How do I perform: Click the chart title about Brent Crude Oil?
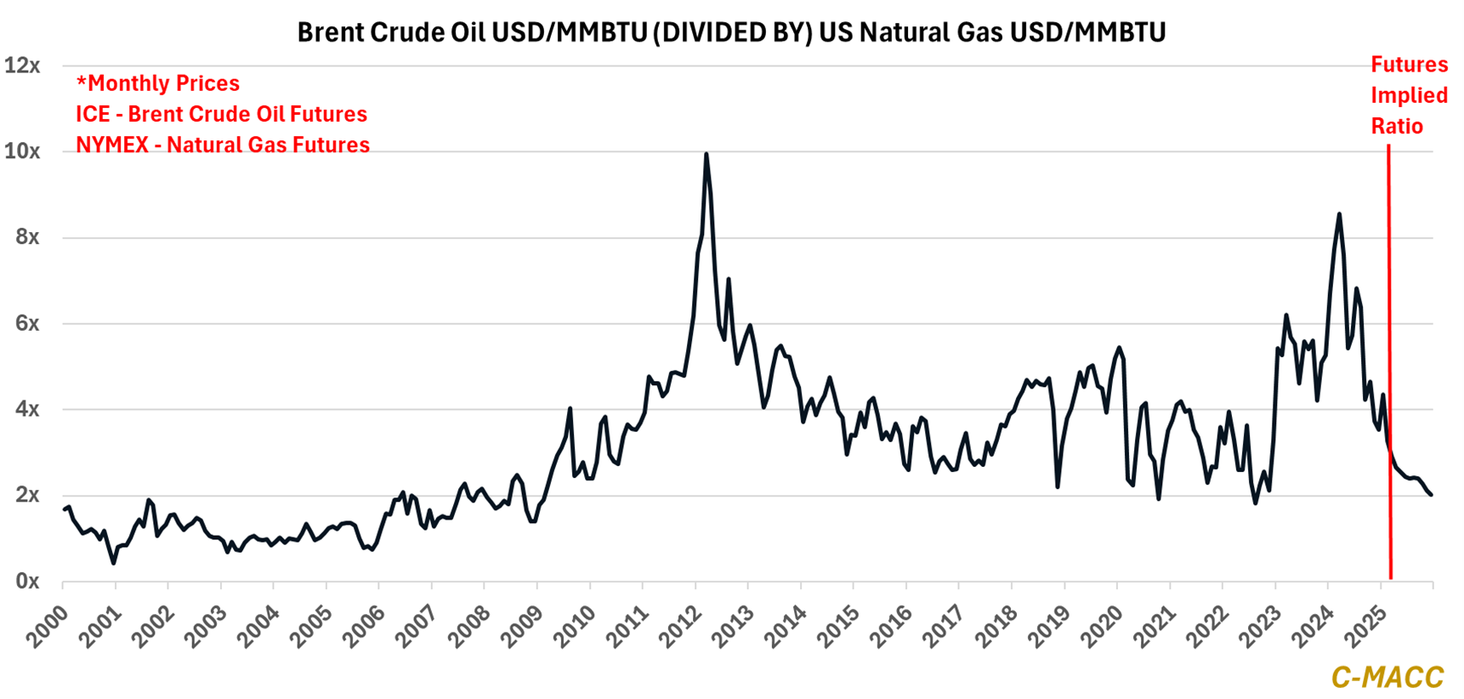point(731,32)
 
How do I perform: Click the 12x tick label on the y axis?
point(22,65)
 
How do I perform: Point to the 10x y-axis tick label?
point(22,151)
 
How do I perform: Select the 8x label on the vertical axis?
point(26,237)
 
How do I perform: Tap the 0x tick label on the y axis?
point(26,582)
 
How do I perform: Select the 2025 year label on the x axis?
point(1367,626)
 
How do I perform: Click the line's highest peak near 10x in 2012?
point(706,154)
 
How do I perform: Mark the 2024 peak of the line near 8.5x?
point(1339,214)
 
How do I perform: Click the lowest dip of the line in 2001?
point(113,563)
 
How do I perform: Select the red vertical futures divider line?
point(1389,357)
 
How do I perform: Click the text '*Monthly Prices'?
point(158,83)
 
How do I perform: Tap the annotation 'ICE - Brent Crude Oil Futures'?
point(221,114)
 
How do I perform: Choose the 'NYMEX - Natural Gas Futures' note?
point(223,145)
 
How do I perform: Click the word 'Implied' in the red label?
point(1409,95)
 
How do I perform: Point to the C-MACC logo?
point(1387,677)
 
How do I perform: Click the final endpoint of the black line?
point(1432,495)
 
